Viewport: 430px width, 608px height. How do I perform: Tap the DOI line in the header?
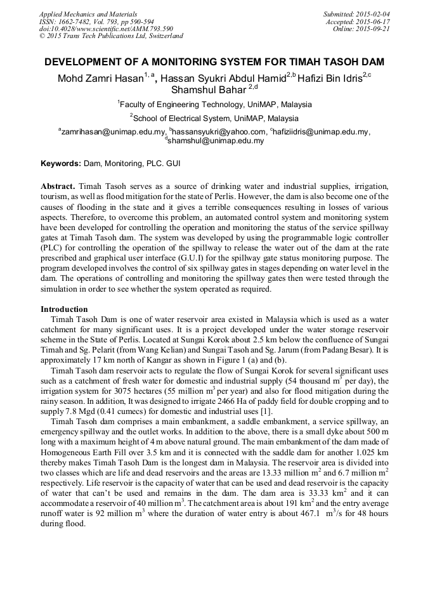pyautogui.click(x=106, y=29)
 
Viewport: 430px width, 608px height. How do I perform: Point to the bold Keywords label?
pyautogui.click(x=61, y=164)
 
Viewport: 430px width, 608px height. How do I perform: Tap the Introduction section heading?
pyautogui.click(x=64, y=309)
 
